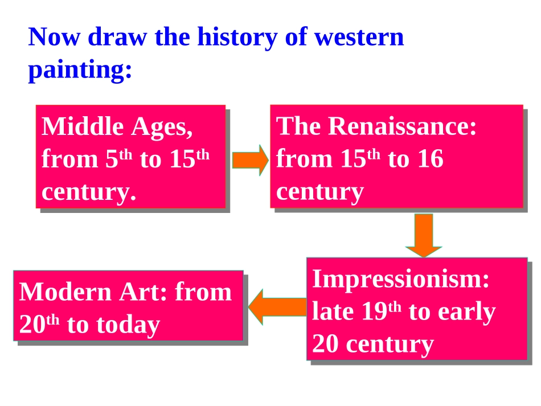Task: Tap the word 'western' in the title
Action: point(359,38)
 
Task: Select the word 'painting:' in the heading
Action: point(80,70)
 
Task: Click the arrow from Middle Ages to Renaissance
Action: point(250,160)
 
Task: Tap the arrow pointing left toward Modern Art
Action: point(277,307)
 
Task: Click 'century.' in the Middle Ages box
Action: point(89,192)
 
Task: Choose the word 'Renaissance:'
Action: point(402,126)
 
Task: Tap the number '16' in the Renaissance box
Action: point(431,159)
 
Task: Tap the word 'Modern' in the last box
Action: point(65,292)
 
